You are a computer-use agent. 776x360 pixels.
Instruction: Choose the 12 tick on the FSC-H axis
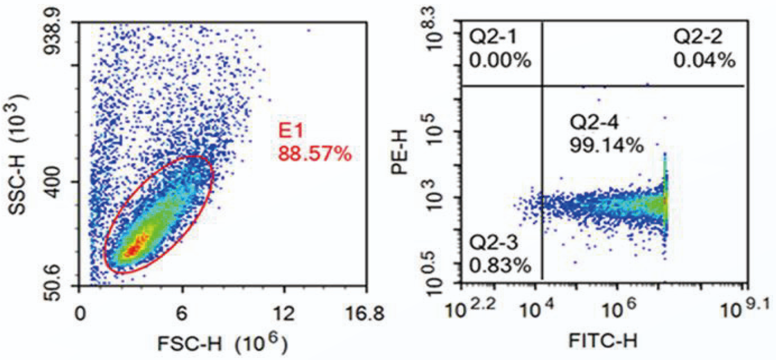[284, 313]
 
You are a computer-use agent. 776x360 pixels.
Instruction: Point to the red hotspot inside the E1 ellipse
[133, 249]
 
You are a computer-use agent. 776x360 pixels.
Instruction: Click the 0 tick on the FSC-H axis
[79, 313]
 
